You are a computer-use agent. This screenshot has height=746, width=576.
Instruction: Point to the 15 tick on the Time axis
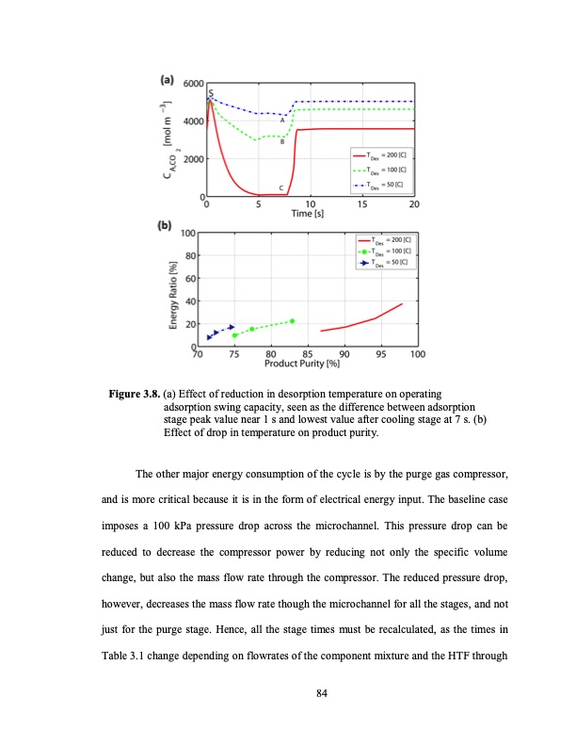pos(363,203)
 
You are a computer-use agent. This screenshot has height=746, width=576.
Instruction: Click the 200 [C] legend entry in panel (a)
pos(379,154)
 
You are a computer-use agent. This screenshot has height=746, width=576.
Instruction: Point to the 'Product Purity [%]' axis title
pos(300,364)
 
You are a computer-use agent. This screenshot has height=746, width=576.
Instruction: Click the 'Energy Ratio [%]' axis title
pos(173,290)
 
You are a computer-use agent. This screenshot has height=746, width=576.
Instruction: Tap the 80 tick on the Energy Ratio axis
pos(191,255)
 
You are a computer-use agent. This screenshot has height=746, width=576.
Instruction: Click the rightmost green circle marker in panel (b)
pos(293,321)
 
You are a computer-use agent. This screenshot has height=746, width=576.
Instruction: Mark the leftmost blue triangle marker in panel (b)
pos(209,337)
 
